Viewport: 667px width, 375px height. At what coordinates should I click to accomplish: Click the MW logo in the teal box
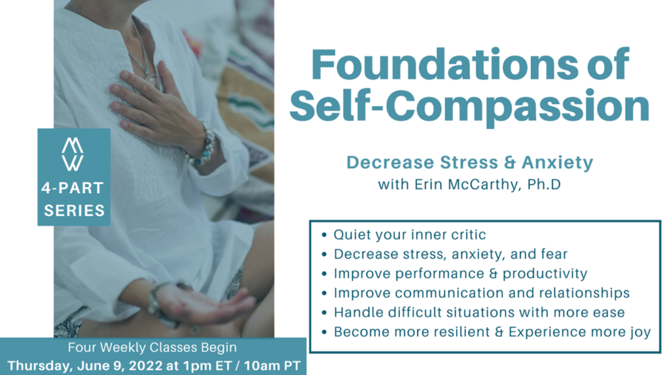(73, 155)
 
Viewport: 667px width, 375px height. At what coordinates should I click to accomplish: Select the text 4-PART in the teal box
(73, 188)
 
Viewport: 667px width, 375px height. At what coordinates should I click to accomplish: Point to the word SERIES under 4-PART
(74, 211)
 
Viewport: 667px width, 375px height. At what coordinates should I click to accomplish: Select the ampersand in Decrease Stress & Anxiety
(509, 162)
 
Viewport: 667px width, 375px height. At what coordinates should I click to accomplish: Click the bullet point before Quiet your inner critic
(324, 235)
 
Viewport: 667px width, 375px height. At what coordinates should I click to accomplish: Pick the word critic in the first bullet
(468, 234)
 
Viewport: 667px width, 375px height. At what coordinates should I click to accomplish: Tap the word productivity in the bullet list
(545, 273)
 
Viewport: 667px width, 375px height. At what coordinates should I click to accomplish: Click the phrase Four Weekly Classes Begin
(152, 348)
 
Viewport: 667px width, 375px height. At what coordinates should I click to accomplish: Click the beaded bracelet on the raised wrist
(204, 144)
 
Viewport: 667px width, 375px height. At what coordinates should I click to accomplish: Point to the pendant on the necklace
(152, 80)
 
